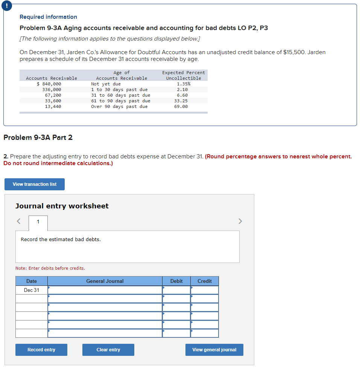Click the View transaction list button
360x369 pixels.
(x=35, y=184)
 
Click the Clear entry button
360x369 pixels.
(x=108, y=350)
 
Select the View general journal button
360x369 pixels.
(x=214, y=350)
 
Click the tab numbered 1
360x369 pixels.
(x=38, y=222)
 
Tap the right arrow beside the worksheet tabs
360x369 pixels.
(x=241, y=221)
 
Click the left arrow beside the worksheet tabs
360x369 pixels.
(x=18, y=221)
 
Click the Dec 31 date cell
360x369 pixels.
(x=32, y=290)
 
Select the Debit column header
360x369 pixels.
(x=176, y=281)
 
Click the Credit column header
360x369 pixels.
(x=204, y=281)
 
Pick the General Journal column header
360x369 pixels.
(x=105, y=281)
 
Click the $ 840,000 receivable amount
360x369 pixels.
(x=49, y=84)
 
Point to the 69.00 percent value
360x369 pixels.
(x=181, y=106)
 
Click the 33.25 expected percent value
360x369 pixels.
(x=181, y=101)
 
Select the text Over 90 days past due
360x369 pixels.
(x=119, y=106)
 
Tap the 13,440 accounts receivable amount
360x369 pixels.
(x=53, y=106)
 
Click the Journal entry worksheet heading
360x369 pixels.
(x=62, y=206)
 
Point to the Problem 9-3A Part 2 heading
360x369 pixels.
(x=38, y=137)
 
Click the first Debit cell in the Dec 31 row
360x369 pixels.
(x=176, y=290)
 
